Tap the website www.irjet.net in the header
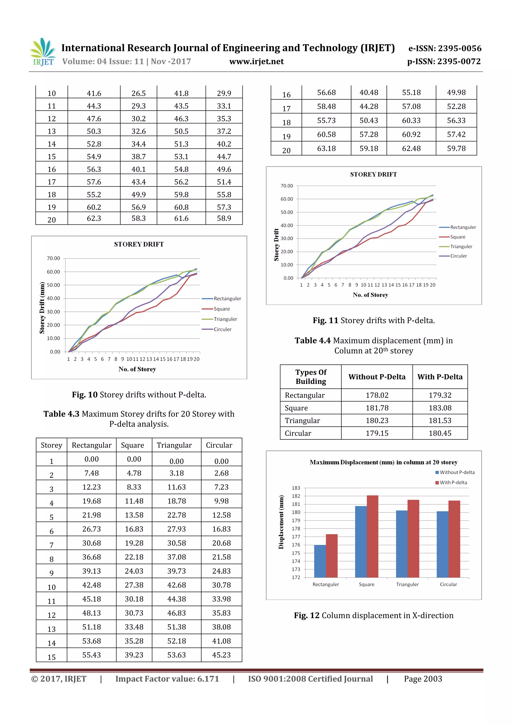coord(256,61)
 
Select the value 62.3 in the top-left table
coord(94,218)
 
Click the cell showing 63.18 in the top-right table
coord(326,148)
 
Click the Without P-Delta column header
coord(377,377)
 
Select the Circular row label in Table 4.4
coord(298,433)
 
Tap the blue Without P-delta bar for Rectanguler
coord(320,561)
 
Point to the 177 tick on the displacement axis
coord(296,537)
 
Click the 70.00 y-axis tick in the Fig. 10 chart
coord(53,258)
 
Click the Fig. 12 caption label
coord(307,615)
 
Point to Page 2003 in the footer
coord(423,679)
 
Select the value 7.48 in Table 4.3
coord(91,473)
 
